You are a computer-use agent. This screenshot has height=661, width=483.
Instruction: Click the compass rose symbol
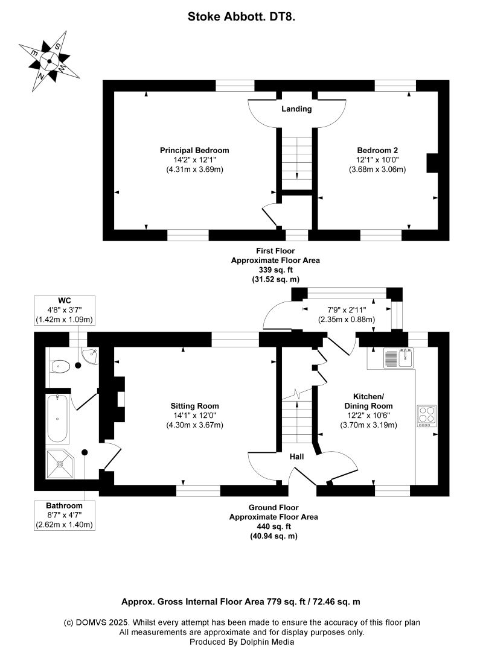coord(50,62)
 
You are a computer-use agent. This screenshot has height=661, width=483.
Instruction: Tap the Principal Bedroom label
coord(194,150)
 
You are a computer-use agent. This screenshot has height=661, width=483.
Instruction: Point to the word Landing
coord(296,109)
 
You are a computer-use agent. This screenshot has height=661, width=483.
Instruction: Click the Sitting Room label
coord(194,406)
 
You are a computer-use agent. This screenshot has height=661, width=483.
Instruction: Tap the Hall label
coord(296,457)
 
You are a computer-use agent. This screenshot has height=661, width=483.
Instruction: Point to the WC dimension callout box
coord(64,311)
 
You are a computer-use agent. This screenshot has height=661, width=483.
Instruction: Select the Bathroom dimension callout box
coord(64,515)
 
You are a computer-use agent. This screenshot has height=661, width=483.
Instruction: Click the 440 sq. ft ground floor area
coord(273,527)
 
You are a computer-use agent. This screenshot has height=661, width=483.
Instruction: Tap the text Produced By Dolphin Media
coord(241,642)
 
